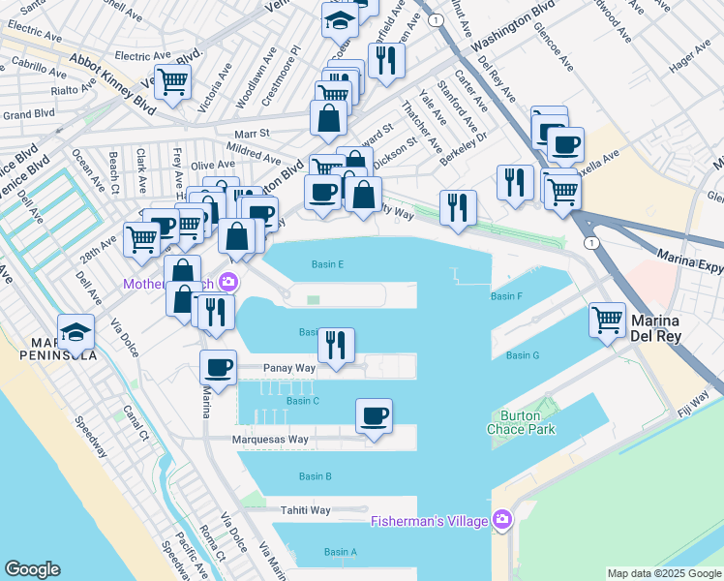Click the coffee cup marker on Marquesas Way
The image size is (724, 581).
374,416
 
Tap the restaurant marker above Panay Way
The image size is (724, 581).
336,346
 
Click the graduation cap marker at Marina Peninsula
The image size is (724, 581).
76,332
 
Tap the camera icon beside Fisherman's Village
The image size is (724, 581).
501,521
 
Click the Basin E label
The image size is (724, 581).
327,264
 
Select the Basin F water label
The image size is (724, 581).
506,296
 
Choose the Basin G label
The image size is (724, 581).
522,355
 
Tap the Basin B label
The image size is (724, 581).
316,476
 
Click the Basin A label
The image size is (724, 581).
340,552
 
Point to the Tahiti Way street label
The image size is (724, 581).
306,510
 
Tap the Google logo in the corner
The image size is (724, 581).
32,569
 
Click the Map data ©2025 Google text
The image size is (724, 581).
664,573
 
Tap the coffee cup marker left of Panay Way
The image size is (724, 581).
218,368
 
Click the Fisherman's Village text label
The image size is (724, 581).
431,522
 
